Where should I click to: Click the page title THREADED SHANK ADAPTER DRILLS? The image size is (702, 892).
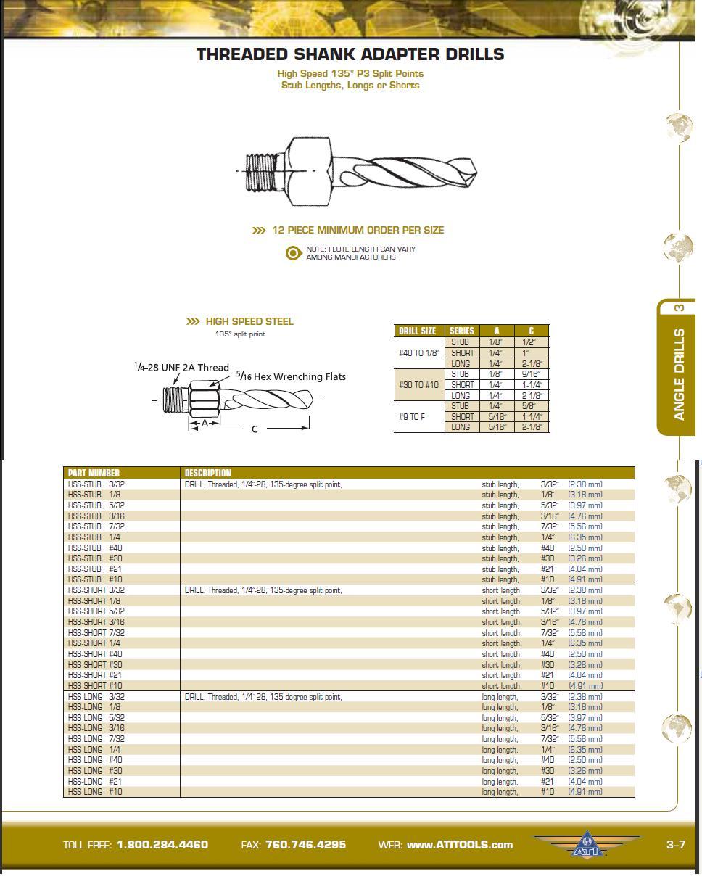click(350, 54)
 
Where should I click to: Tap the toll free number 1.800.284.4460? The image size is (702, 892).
click(162, 845)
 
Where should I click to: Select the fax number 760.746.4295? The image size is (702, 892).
click(305, 845)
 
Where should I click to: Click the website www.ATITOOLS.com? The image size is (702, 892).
click(459, 845)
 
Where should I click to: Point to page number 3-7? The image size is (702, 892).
click(675, 845)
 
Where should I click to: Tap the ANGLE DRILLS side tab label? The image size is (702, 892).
click(680, 374)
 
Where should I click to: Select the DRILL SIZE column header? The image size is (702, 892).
click(418, 331)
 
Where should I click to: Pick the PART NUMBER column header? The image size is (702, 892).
click(94, 473)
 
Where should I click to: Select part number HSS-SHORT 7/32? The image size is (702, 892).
click(96, 633)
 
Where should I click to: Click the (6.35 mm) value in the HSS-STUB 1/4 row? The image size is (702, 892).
click(585, 537)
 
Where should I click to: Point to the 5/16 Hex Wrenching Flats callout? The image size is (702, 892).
click(291, 376)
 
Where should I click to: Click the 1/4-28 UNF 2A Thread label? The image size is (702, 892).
click(181, 367)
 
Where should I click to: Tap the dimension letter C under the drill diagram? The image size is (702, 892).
click(255, 429)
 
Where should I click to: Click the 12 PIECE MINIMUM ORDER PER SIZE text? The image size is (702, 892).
click(358, 230)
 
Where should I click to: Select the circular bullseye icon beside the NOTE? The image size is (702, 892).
click(293, 253)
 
